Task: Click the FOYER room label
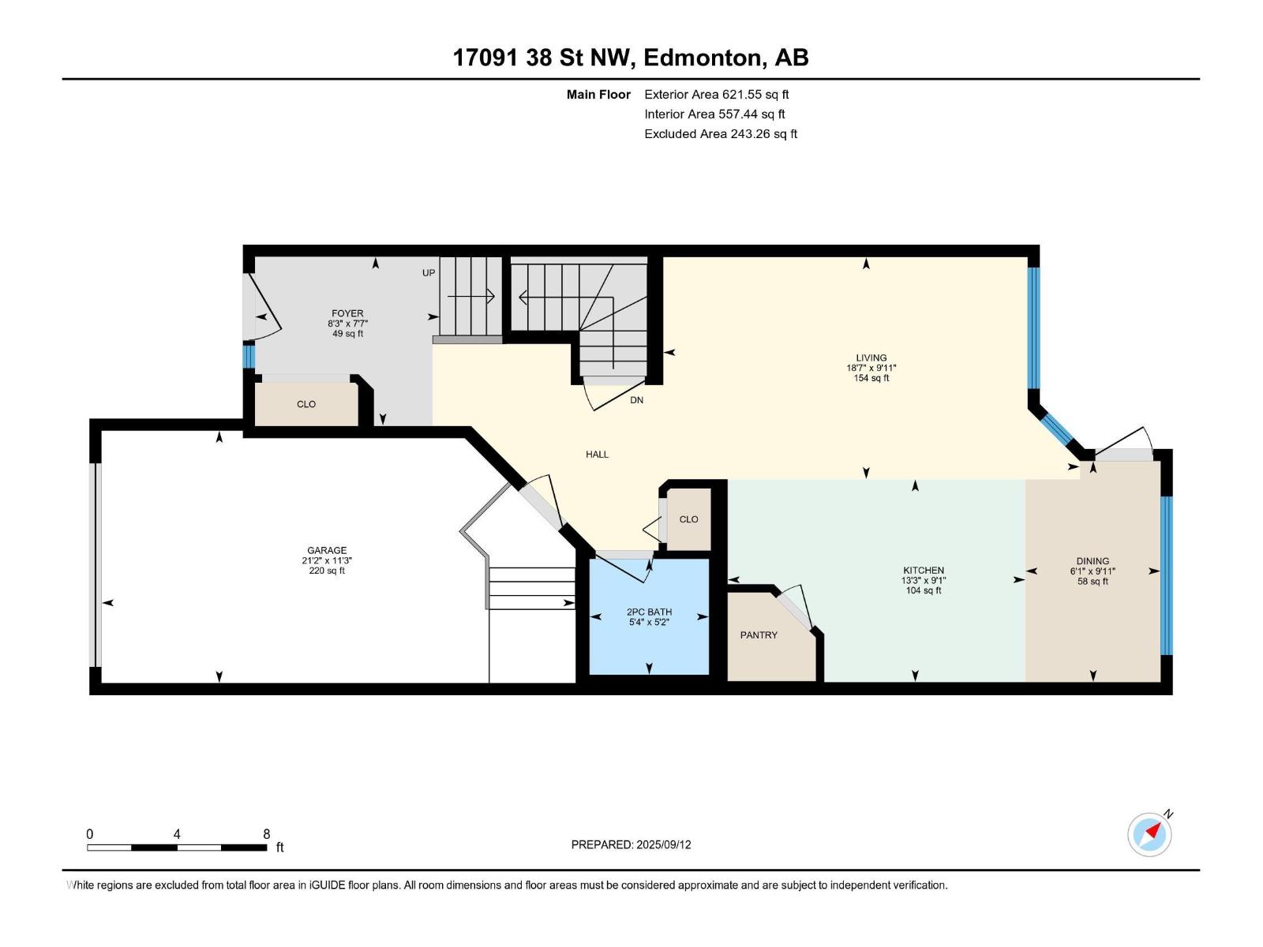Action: (347, 313)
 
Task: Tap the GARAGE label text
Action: (326, 550)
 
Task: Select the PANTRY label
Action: (759, 634)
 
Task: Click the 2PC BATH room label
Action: (649, 612)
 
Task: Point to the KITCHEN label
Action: (923, 571)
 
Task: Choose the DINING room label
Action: (1092, 560)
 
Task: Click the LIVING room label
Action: (871, 357)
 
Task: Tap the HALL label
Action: (597, 455)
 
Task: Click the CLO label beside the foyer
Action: (306, 404)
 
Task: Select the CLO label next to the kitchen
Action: (688, 519)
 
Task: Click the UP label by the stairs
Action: (429, 272)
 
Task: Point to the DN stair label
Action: (636, 399)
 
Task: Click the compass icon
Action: (1149, 834)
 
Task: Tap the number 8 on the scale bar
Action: (266, 833)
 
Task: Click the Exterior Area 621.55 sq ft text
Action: (717, 94)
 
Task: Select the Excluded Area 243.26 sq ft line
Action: (721, 134)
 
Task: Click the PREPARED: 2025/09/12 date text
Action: (631, 844)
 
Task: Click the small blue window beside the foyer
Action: (249, 356)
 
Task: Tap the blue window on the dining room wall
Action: (1165, 575)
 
